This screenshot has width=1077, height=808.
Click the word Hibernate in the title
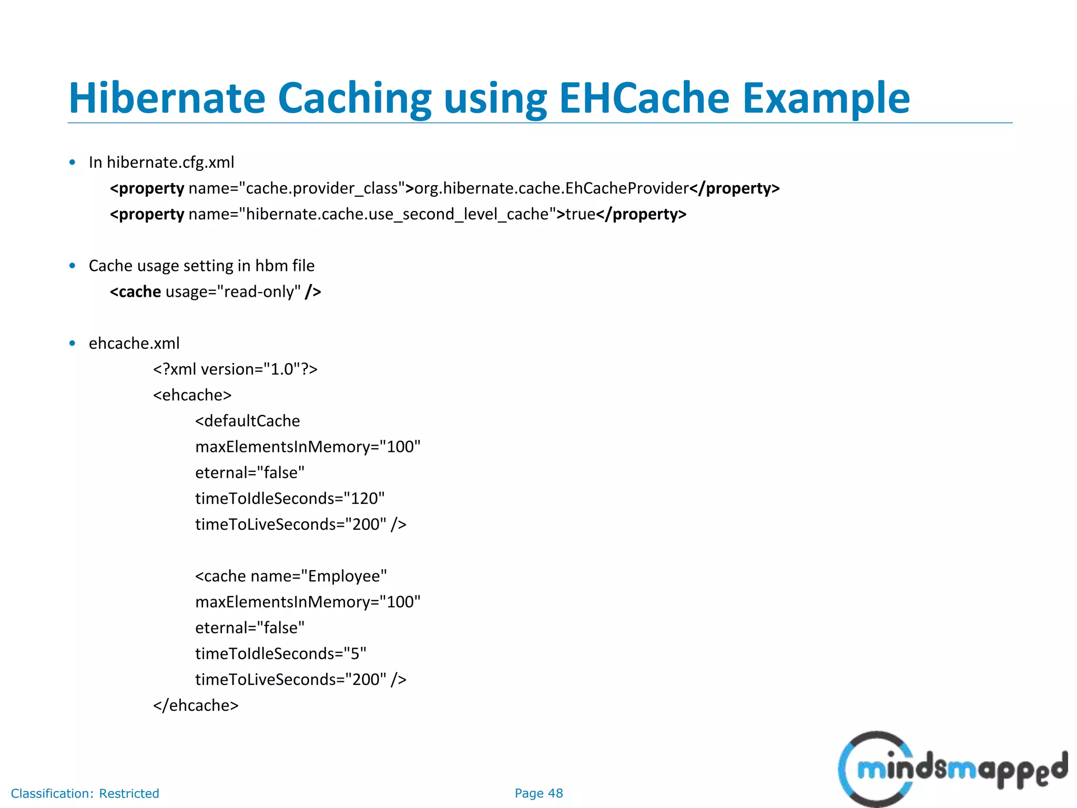tap(167, 98)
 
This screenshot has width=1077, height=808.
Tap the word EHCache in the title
tap(644, 98)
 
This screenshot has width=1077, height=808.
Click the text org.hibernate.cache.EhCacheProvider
tap(551, 188)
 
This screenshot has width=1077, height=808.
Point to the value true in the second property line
tap(580, 214)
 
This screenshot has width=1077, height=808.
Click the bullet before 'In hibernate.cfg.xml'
tap(73, 163)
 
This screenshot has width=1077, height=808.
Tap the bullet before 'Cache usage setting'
tap(73, 266)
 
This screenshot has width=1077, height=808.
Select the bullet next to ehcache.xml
tap(73, 344)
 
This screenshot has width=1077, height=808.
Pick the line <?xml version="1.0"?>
tap(235, 369)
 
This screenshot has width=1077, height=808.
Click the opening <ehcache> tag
tap(192, 395)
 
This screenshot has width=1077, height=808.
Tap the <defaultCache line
tap(247, 421)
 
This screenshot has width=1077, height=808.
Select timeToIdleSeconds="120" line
tap(290, 499)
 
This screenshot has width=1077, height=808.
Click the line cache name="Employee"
tap(291, 576)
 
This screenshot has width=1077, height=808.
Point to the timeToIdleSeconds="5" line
tap(281, 654)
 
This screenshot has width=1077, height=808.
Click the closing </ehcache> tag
tap(196, 705)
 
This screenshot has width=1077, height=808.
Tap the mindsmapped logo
tap(952, 770)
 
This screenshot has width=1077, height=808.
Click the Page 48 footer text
tap(538, 793)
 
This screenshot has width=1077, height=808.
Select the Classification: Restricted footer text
tap(85, 793)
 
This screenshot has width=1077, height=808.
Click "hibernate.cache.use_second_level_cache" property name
tap(398, 214)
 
